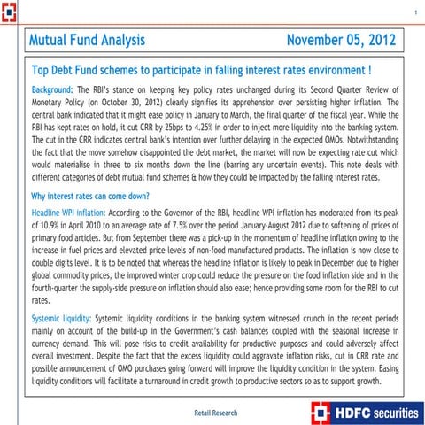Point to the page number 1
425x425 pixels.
415,12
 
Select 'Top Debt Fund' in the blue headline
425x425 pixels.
67,68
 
